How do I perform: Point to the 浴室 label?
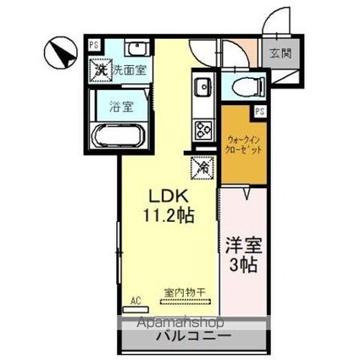122,107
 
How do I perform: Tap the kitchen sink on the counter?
203,87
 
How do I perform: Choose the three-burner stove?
204,129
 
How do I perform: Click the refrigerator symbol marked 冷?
203,167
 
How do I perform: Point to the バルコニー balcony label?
192,336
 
